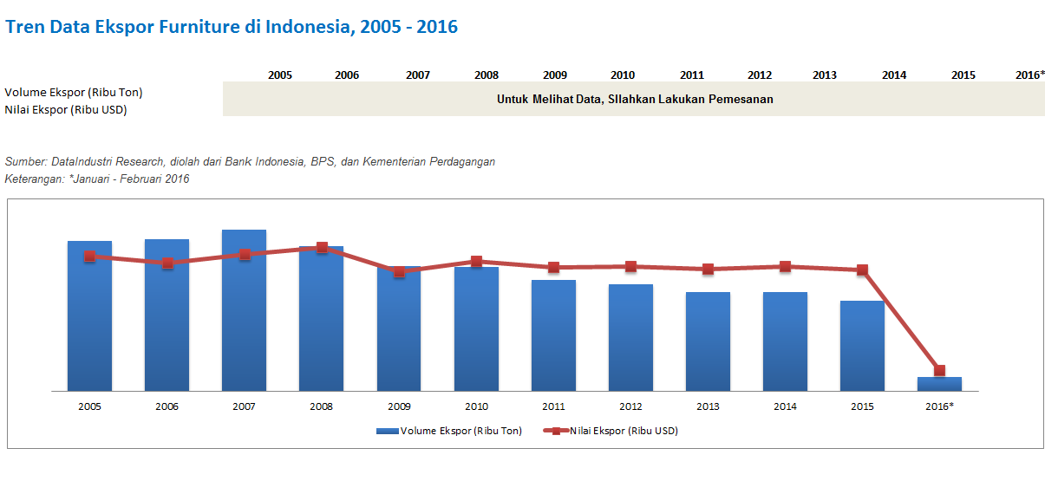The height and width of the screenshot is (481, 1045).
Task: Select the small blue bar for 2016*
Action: click(x=940, y=384)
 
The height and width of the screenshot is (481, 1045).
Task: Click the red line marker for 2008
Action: click(x=322, y=248)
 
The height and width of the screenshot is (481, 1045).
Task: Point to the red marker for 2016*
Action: click(x=939, y=371)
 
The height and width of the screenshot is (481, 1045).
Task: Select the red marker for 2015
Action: click(x=862, y=270)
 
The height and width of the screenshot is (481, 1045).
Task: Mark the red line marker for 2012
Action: click(x=630, y=267)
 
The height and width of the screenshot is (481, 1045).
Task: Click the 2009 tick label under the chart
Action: click(x=399, y=406)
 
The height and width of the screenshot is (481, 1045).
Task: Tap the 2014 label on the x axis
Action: click(x=785, y=406)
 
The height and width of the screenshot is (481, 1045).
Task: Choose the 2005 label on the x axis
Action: click(x=89, y=406)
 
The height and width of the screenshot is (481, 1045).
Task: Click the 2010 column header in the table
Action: click(x=623, y=75)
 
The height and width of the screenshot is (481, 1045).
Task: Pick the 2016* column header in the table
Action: click(x=1029, y=75)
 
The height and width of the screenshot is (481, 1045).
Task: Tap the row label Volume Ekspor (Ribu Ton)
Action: click(x=74, y=92)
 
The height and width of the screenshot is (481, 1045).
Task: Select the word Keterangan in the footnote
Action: click(x=34, y=179)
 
